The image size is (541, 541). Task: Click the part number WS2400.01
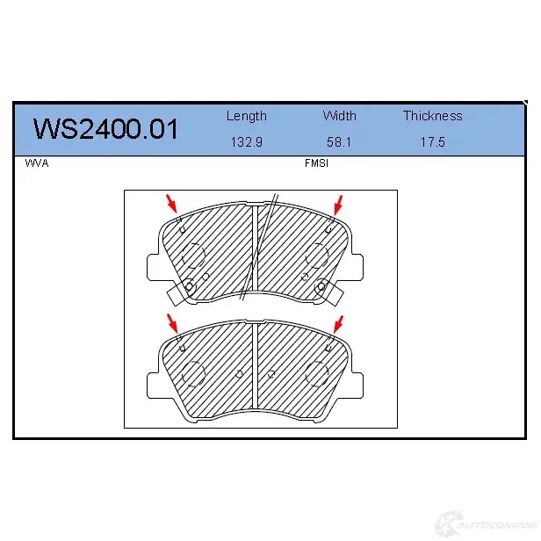click(x=105, y=129)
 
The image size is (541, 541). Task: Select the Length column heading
click(x=246, y=116)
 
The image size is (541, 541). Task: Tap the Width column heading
click(x=339, y=116)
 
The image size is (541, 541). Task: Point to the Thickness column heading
click(x=433, y=116)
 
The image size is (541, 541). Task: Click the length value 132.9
click(x=246, y=142)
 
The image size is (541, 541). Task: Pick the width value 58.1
click(x=339, y=142)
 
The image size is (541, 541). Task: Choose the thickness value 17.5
click(x=433, y=142)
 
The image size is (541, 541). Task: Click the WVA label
click(x=37, y=163)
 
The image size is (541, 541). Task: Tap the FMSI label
click(x=316, y=163)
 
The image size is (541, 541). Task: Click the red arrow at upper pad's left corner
click(x=171, y=203)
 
